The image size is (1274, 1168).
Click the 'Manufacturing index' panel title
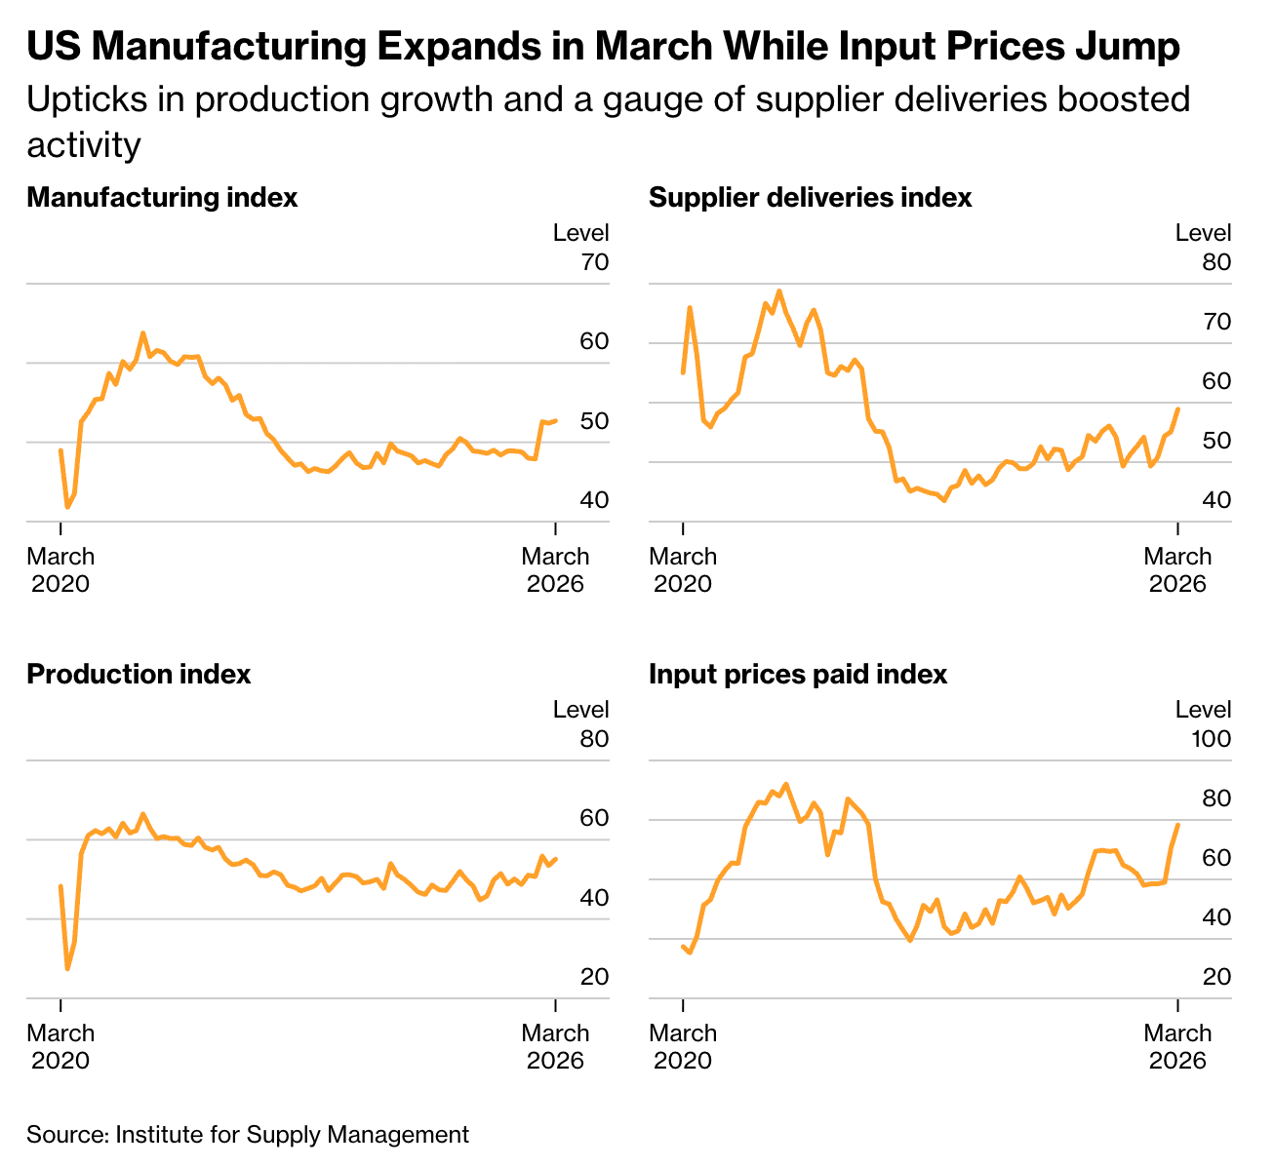pos(162,198)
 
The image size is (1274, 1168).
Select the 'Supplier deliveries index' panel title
pos(810,198)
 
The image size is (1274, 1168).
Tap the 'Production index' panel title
pos(139,675)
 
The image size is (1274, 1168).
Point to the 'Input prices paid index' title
pos(798,675)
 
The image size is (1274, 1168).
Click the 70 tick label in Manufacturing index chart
pos(594,262)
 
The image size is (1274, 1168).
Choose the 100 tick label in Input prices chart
pos(1212,739)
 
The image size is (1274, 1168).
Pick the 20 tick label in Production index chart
pos(594,977)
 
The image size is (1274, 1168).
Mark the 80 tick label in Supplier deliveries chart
pos(1216,262)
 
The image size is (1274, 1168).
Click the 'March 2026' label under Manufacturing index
pos(555,570)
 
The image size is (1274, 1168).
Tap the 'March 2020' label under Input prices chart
pos(683,1046)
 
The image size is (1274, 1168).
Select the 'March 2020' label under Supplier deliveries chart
pos(683,570)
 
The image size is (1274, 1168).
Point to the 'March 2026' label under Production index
pos(555,1046)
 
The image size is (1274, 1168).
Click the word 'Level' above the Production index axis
pos(580,710)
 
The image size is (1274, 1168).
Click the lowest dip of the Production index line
pos(67,968)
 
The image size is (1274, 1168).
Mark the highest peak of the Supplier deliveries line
pos(778,291)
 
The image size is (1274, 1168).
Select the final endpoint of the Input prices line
pos(1178,825)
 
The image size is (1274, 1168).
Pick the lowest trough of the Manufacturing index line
pos(67,507)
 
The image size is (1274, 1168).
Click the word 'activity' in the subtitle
pos(84,145)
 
